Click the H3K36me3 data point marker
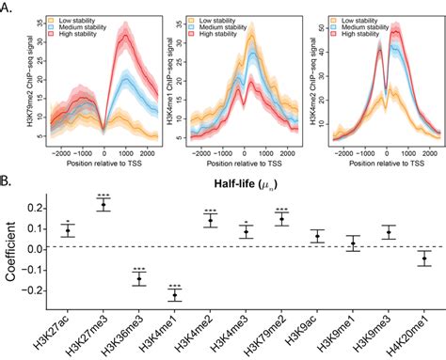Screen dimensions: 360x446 [x=139, y=278]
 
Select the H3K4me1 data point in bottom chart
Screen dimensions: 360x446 [x=175, y=295]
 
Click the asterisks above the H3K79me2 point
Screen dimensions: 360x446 [x=280, y=209]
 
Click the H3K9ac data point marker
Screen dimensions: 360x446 [x=317, y=235]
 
